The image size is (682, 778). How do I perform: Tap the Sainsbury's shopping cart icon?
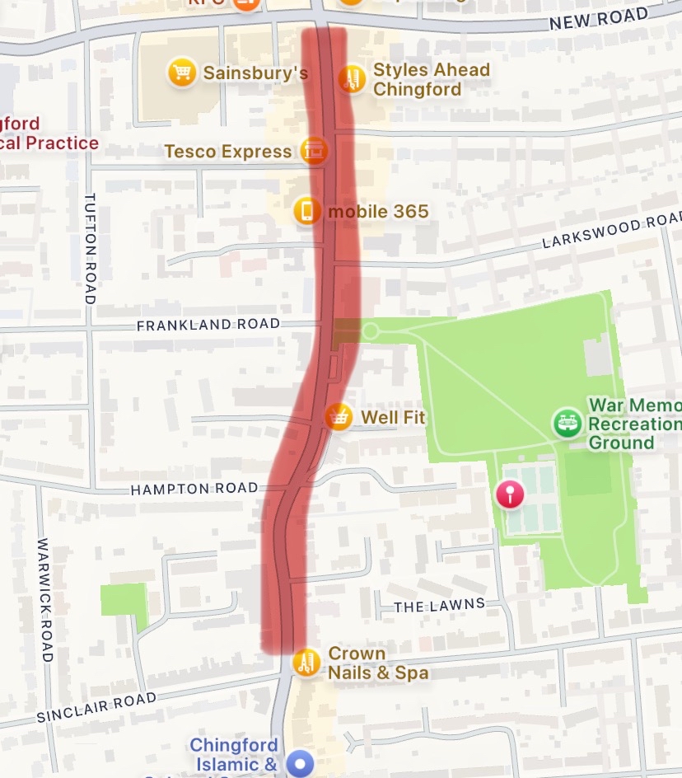180,73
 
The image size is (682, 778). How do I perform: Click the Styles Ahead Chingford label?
431,79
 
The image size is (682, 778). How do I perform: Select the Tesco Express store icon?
313,151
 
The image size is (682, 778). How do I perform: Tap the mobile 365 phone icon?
307,212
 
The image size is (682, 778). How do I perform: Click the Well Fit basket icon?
337,417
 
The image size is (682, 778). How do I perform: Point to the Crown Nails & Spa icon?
306,663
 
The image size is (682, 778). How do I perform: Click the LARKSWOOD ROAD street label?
612,233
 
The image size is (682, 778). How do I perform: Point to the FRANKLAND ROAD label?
208,325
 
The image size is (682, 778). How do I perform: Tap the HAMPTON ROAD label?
194,489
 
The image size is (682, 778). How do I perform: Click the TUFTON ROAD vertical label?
90,249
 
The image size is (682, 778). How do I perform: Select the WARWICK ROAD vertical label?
44,600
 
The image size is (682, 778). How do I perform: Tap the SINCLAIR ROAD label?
96,709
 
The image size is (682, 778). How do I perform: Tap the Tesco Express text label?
228,152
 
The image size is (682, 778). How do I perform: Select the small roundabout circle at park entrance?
371,331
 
